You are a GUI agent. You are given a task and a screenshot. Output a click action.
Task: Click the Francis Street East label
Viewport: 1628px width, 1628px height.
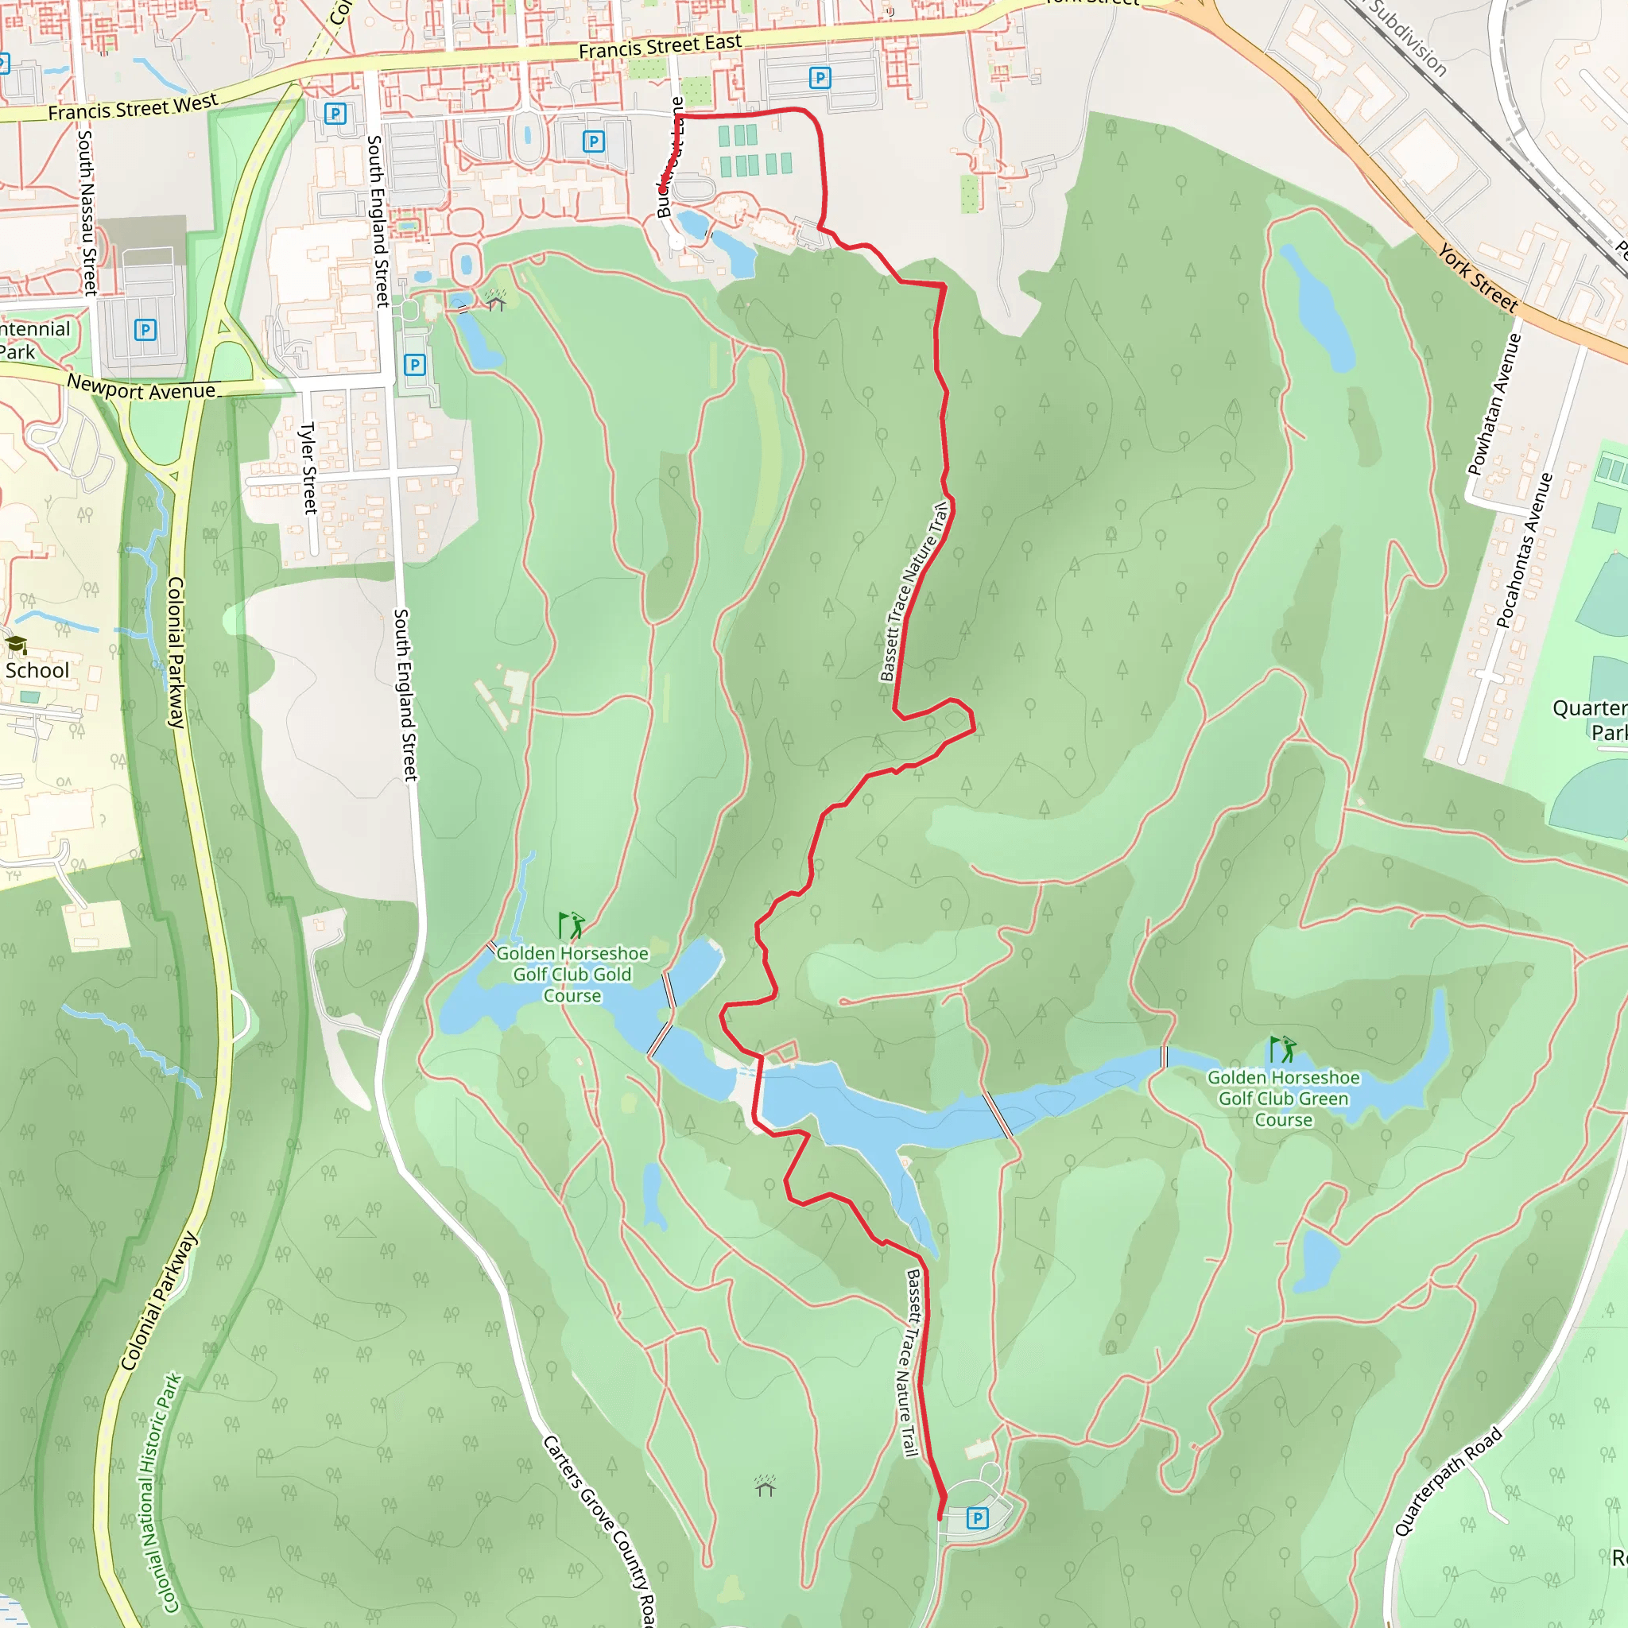pos(660,46)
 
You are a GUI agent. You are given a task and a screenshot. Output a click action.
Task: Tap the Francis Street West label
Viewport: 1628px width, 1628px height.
pos(132,108)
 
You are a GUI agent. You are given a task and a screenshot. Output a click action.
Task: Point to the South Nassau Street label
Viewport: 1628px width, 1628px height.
pos(87,211)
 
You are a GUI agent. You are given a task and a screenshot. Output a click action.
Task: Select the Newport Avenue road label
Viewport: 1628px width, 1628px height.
pos(141,390)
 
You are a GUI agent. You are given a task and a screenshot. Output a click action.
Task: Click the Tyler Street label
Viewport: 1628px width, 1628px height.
pos(308,467)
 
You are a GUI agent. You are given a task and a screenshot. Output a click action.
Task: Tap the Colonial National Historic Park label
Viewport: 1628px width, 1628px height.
pos(160,1492)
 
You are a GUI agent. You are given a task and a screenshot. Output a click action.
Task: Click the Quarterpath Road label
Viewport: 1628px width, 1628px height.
pos(1448,1482)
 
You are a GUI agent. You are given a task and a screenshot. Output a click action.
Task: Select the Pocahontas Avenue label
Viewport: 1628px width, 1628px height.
pos(1525,550)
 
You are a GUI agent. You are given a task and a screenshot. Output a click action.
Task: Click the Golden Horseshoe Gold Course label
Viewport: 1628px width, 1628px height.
pos(572,974)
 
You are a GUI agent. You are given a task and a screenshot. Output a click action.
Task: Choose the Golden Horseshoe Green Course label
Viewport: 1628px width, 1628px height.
pos(1283,1098)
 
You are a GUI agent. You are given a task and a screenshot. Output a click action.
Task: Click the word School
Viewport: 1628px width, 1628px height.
pos(37,670)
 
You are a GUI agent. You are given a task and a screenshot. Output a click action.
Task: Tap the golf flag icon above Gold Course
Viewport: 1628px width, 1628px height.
pos(572,924)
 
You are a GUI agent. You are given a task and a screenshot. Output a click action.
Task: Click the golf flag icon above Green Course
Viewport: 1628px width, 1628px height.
pos(1283,1049)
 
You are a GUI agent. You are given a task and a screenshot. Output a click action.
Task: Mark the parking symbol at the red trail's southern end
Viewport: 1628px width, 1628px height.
pos(977,1518)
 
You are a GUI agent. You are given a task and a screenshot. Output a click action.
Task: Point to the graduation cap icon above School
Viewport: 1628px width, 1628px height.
pos(16,645)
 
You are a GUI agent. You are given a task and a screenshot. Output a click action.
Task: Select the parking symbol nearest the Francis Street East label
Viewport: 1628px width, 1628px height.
pos(819,79)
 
